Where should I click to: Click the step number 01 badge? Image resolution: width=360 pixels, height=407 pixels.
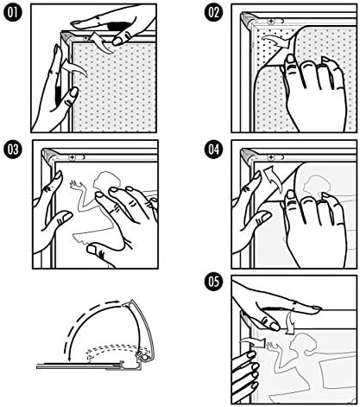[x=12, y=13]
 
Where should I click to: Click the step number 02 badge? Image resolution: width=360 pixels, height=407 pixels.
[x=213, y=13]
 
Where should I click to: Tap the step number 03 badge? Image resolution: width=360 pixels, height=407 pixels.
[x=12, y=149]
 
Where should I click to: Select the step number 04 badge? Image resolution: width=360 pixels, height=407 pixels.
[x=213, y=149]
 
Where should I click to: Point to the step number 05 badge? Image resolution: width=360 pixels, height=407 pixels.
[x=213, y=282]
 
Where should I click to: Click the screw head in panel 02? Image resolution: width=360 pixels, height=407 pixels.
[x=271, y=21]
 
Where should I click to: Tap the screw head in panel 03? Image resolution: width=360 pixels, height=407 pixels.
[x=72, y=157]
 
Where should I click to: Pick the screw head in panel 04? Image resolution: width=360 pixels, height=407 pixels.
[x=271, y=157]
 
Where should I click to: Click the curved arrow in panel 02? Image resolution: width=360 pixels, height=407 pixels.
[x=278, y=41]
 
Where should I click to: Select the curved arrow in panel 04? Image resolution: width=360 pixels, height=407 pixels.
[x=273, y=179]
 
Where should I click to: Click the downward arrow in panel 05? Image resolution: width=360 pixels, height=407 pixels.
[x=291, y=321]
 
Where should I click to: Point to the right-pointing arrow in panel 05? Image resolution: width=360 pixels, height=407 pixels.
[x=253, y=342]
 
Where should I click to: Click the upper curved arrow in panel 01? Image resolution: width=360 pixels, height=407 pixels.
[x=101, y=42]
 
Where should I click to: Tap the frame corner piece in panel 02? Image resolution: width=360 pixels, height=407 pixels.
[x=248, y=19]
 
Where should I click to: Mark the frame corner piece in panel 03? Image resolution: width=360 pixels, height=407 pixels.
[x=48, y=156]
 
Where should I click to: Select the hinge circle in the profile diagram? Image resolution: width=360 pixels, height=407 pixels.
[x=144, y=357]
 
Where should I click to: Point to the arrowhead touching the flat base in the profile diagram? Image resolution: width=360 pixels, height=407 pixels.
[x=69, y=358]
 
